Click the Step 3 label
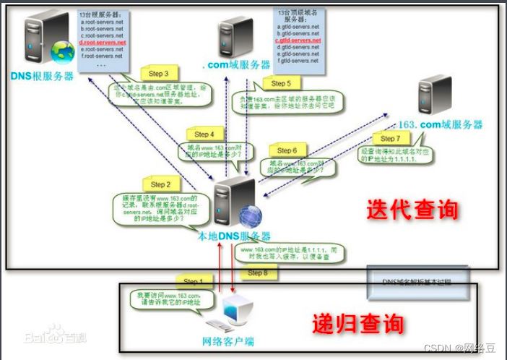(157, 74)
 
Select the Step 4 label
(204, 134)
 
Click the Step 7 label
(389, 138)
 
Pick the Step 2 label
(160, 184)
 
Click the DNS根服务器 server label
(42, 74)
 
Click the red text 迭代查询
(412, 210)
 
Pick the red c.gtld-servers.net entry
(298, 40)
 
